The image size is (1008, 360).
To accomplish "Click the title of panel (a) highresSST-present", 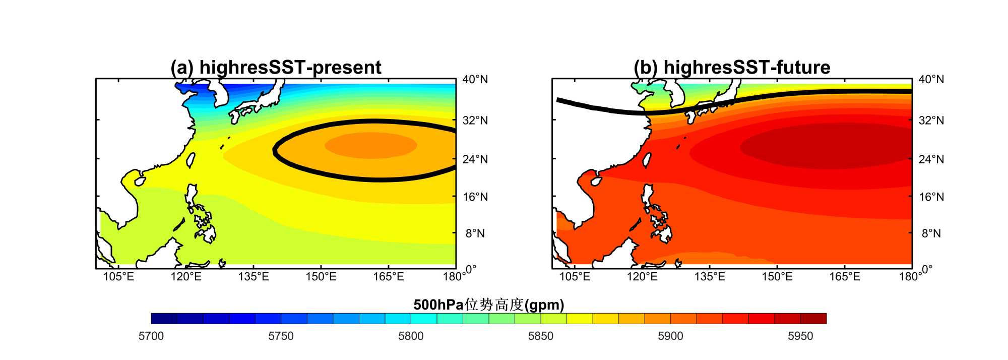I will [276, 67].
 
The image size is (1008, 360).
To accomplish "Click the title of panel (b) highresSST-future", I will [732, 67].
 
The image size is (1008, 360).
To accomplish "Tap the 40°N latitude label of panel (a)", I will [475, 79].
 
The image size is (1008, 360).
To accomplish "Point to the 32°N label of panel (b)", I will [931, 120].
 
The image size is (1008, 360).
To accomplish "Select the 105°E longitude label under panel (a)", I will [118, 277].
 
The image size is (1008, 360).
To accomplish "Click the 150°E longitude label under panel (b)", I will [777, 277].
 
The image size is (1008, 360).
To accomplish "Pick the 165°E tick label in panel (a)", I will [388, 277].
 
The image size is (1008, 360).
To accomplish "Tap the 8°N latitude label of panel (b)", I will [931, 233].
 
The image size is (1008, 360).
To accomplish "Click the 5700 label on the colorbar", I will [151, 336].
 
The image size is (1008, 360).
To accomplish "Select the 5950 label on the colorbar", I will [800, 336].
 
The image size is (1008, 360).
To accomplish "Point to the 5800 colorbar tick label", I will [411, 336].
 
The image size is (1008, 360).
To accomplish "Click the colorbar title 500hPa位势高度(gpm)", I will [488, 305].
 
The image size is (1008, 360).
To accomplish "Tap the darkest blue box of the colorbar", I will [164, 319].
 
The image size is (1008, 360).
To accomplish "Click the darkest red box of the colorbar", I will [813, 319].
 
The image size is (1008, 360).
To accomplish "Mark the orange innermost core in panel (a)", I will [371, 145].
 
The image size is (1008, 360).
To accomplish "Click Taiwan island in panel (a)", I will [191, 160].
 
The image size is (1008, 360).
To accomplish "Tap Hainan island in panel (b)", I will [595, 181].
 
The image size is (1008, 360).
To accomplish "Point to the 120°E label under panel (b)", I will [642, 277].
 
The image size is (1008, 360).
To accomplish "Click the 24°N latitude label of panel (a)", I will [475, 159].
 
